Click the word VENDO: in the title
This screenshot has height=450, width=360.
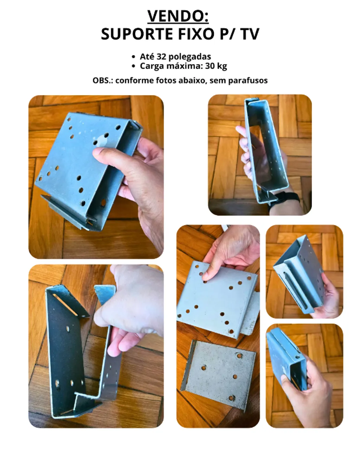click(178, 16)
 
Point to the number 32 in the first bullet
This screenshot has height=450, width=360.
click(161, 57)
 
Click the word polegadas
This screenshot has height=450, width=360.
click(190, 57)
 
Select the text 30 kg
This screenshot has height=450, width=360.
click(216, 66)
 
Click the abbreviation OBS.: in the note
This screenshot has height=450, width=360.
click(103, 81)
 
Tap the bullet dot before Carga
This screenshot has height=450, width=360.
click(134, 66)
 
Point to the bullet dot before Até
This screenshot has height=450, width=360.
click(134, 57)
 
